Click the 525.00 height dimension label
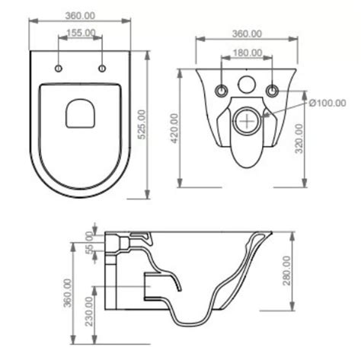coord(142,124)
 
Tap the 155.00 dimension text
coord(81,33)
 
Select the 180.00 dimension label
coord(248,53)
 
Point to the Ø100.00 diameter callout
coord(327,103)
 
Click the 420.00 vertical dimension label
coord(174,129)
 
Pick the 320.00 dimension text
coord(299,139)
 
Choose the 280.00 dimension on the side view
coord(286,271)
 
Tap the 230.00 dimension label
coord(89,311)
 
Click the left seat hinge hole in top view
coord(59,68)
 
